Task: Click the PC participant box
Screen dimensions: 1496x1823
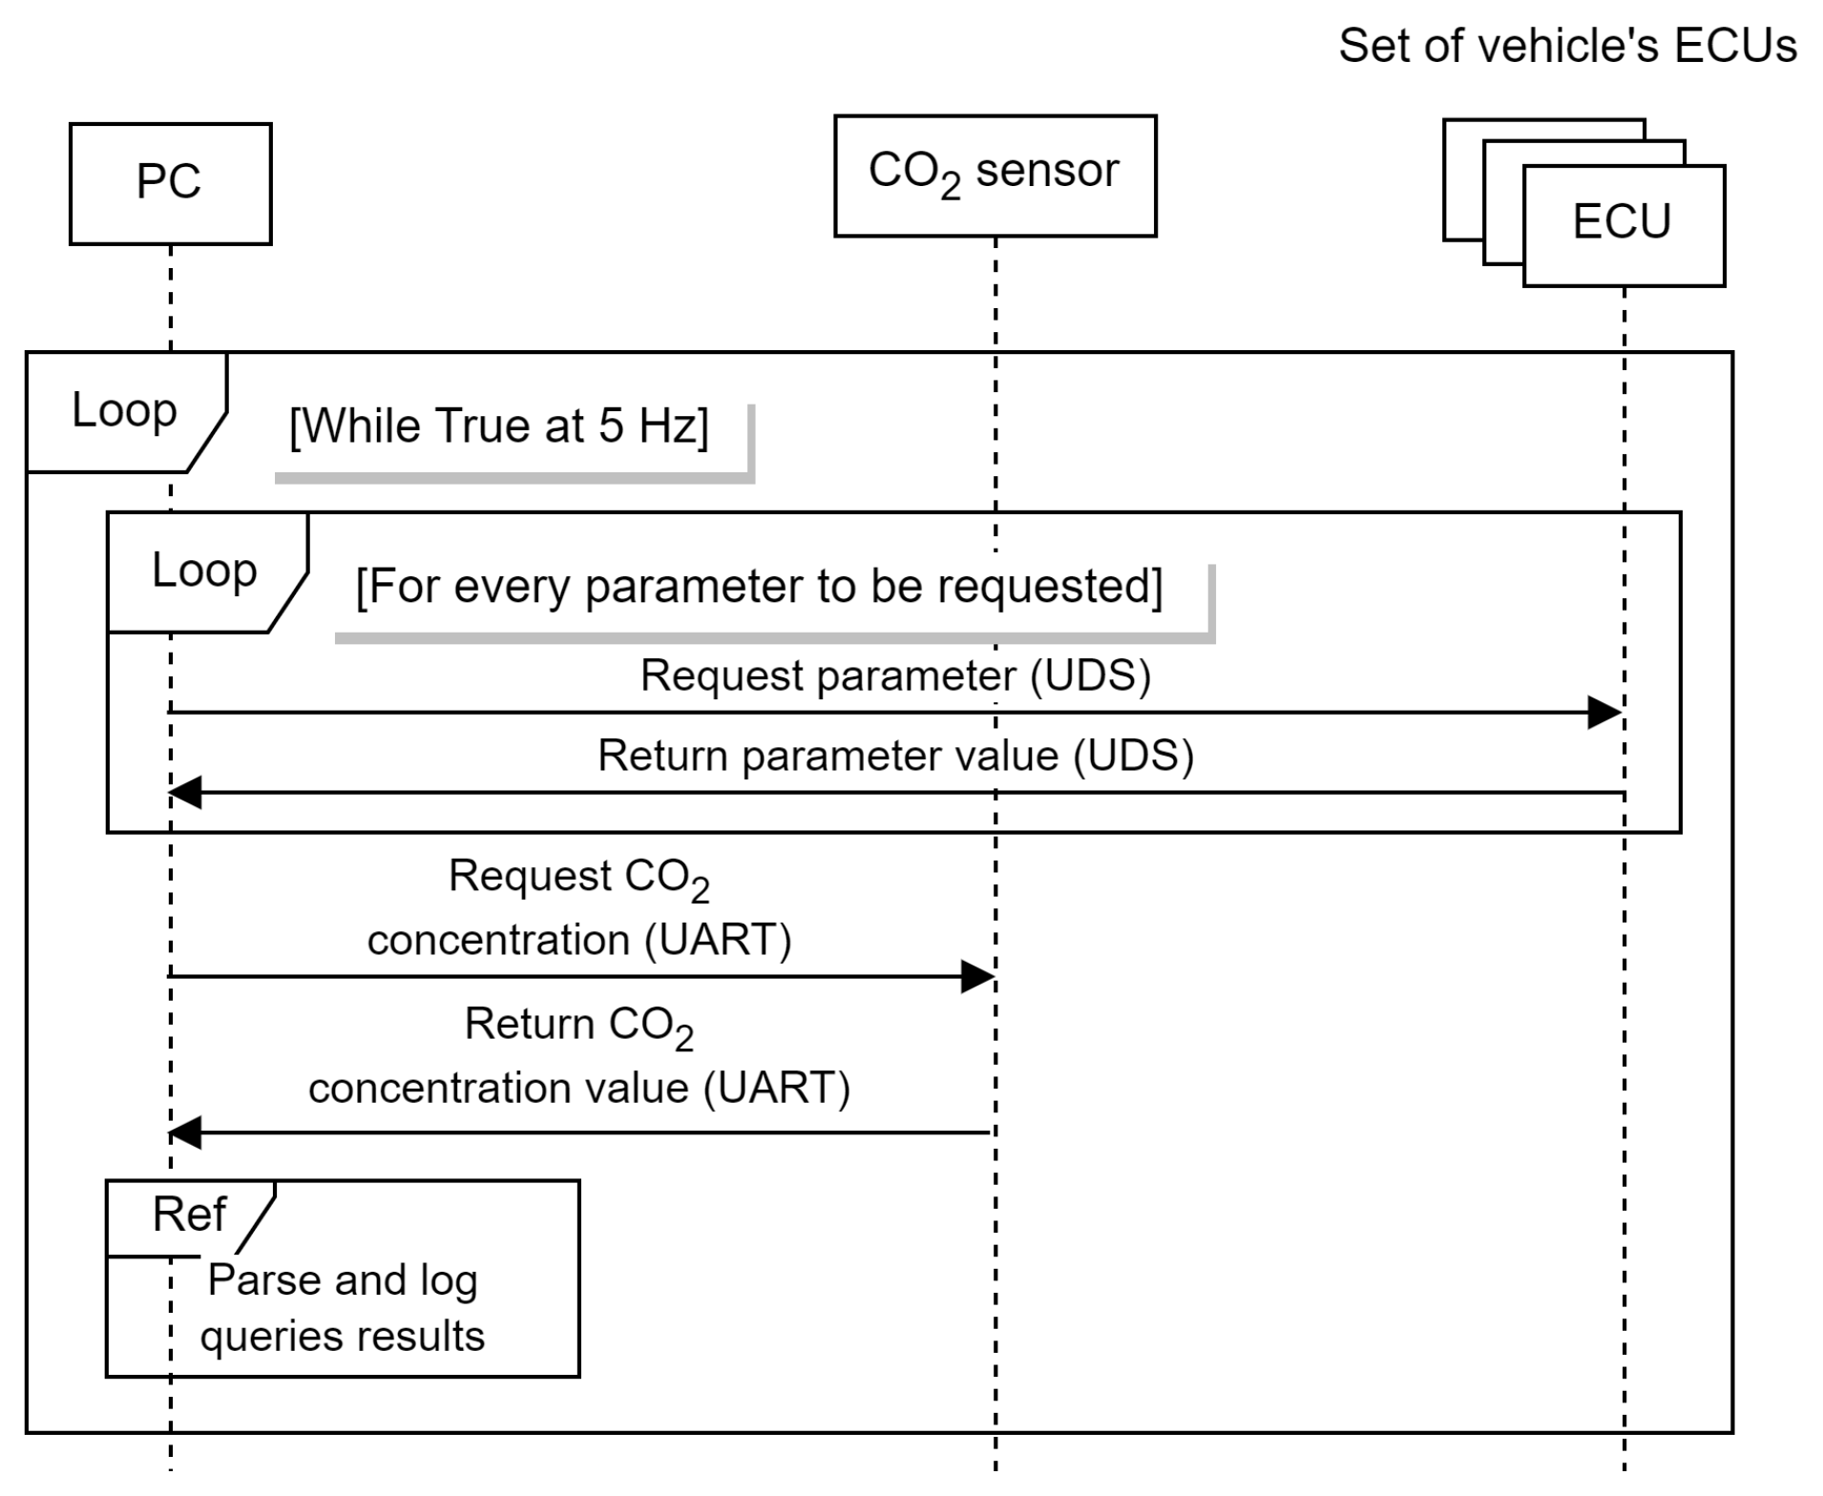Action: click(170, 183)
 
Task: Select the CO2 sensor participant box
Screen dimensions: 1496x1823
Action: click(995, 176)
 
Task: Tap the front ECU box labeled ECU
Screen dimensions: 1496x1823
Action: click(1623, 225)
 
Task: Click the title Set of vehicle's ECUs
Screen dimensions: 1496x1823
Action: click(1567, 46)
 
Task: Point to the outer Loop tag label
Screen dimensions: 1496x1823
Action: click(124, 411)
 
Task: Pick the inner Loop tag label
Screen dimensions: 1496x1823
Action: click(204, 571)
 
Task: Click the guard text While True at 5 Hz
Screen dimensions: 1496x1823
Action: click(498, 426)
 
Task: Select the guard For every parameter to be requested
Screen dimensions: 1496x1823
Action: click(759, 587)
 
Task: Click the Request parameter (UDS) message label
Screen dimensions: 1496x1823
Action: click(895, 675)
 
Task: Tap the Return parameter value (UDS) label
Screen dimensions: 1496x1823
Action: click(895, 756)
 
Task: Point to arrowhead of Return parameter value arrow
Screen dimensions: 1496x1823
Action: click(185, 792)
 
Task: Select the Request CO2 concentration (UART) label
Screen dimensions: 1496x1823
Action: click(579, 907)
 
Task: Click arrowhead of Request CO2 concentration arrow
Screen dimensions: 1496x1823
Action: click(978, 976)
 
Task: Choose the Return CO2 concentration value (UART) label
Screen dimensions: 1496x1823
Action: click(579, 1056)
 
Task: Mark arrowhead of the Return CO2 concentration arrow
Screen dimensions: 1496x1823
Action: click(185, 1132)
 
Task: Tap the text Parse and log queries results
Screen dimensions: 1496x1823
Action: click(342, 1308)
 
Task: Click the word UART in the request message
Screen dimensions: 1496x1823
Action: click(718, 941)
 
